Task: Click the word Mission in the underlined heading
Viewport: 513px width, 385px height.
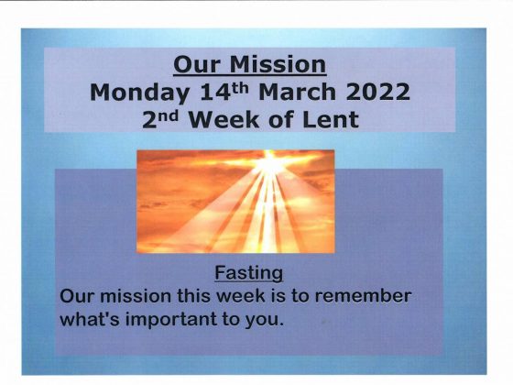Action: coord(278,64)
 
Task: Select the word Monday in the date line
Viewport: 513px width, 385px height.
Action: coord(139,93)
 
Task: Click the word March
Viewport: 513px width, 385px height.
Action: coord(297,92)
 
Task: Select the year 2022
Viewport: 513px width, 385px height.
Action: coord(377,92)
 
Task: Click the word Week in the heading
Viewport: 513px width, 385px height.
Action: coord(224,119)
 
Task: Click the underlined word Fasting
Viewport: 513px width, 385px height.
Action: coord(248,273)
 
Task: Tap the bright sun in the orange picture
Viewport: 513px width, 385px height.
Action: coord(269,163)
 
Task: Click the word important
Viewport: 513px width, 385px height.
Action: coord(171,320)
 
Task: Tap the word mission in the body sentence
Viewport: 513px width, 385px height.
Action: coord(136,296)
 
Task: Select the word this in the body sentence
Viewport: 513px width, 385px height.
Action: coord(193,295)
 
